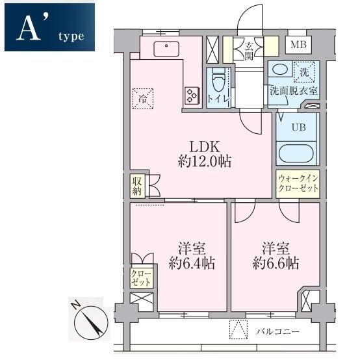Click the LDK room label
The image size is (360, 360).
(x=205, y=147)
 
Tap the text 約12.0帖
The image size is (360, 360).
(x=205, y=162)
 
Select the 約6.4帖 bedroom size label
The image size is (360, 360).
(x=192, y=263)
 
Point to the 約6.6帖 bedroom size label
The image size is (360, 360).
(x=276, y=263)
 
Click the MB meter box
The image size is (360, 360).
(x=298, y=45)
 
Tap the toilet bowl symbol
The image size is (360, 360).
(x=219, y=81)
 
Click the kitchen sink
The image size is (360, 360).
(x=166, y=49)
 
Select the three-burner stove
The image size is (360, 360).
(x=192, y=96)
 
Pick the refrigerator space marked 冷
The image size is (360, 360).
(x=143, y=99)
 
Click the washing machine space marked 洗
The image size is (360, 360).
(x=304, y=72)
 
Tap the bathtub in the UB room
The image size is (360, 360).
(x=296, y=153)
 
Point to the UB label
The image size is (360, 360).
(x=299, y=127)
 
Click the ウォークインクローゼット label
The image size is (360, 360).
(x=298, y=184)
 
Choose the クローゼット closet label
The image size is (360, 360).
(x=141, y=278)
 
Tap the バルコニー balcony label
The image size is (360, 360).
(x=278, y=331)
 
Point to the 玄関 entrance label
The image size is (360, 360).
(x=249, y=51)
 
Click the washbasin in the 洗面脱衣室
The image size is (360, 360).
(x=280, y=69)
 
